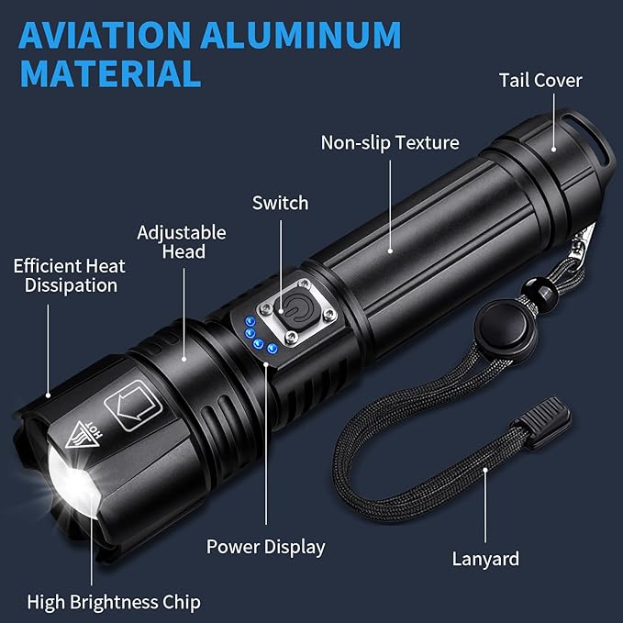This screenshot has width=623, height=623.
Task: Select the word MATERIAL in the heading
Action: [x=110, y=73]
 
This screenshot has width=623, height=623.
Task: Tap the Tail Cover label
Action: [x=540, y=80]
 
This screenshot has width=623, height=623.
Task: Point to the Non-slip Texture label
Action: [x=390, y=142]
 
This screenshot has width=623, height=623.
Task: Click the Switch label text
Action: [x=280, y=203]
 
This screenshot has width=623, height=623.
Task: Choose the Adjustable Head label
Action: [x=182, y=242]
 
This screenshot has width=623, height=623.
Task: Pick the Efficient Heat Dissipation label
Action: [x=70, y=275]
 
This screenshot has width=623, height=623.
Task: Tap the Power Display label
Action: [x=265, y=547]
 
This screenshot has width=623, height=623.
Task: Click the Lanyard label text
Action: [x=485, y=559]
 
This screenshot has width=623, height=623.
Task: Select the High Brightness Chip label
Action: [x=114, y=602]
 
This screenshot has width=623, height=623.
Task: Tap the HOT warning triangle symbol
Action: [x=83, y=435]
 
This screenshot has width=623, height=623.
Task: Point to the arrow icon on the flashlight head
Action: [x=134, y=406]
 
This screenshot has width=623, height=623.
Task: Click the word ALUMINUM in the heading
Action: [x=301, y=35]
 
